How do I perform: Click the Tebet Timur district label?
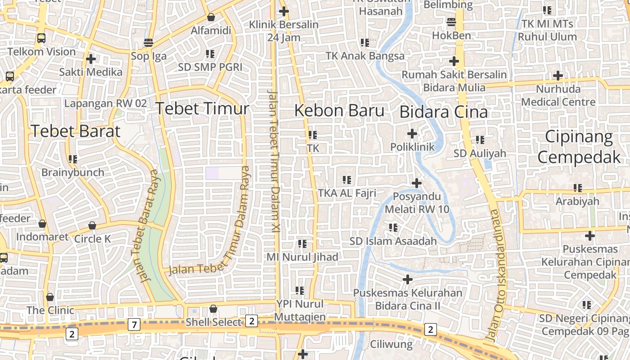pos(202,108)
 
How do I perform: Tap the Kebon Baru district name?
pos(339,110)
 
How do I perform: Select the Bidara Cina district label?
pos(444,112)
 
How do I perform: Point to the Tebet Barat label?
pos(76,131)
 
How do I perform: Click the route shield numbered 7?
pos(134,324)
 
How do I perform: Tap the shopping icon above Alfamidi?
pos(211,17)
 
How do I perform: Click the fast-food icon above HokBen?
pos(451,22)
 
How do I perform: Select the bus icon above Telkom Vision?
pos(41,38)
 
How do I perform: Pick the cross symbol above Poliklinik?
pos(412,134)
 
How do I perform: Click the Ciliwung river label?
pos(391,345)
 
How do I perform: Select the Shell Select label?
pos(214,322)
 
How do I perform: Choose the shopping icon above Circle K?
pos(92,225)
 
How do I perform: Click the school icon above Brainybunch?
pos(72,159)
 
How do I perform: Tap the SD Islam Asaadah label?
pos(393,241)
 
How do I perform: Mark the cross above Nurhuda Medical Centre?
pos(558,76)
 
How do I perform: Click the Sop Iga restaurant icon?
pos(148,43)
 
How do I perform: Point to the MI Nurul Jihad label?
pos(302,257)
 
